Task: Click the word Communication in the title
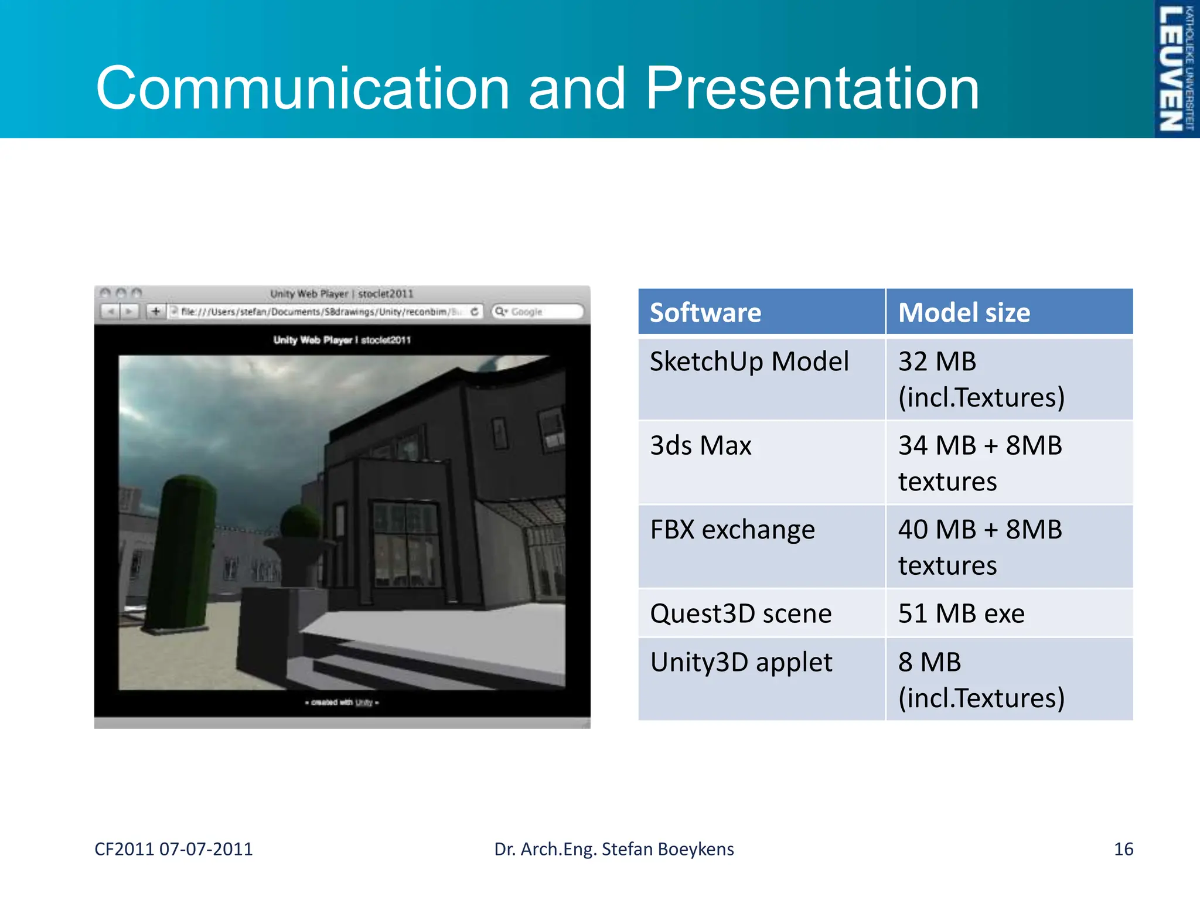[x=302, y=88]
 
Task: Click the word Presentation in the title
[x=812, y=88]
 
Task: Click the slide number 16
[x=1123, y=849]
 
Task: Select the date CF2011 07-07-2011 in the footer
[x=173, y=849]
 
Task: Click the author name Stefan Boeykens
[x=667, y=849]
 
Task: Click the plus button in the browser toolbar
[x=156, y=311]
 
